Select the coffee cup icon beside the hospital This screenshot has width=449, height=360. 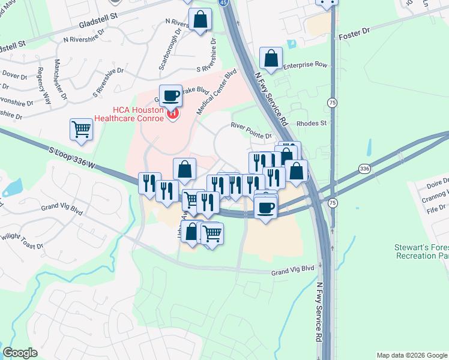click(170, 95)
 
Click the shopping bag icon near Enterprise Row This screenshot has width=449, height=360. click(271, 59)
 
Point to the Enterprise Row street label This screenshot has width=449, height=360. click(305, 65)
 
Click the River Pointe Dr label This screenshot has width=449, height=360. click(252, 131)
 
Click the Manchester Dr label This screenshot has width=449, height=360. click(61, 79)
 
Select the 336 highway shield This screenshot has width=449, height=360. click(364, 169)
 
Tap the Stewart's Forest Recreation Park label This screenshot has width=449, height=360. click(421, 251)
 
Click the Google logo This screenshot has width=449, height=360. click(20, 352)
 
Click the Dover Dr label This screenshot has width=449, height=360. click(15, 75)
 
